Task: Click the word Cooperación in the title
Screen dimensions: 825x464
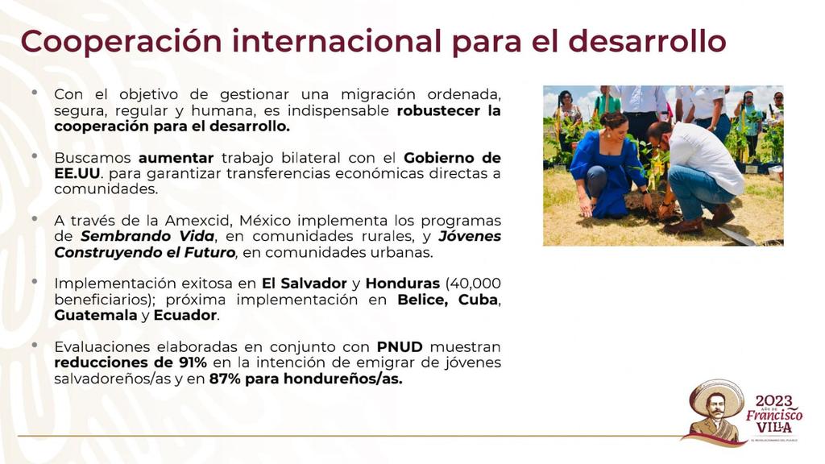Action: coord(122,42)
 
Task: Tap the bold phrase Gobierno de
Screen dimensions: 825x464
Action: coord(452,158)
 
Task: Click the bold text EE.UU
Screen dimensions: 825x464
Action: coord(77,174)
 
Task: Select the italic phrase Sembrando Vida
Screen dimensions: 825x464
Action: coord(147,236)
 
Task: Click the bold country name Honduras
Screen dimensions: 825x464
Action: coord(403,284)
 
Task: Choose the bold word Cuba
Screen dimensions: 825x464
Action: coord(478,300)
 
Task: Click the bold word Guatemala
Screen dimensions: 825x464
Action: coord(96,316)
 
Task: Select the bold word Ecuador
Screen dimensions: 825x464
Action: coord(185,316)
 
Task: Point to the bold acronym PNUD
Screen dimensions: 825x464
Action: coord(400,347)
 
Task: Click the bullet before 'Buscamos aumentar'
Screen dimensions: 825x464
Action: coord(35,155)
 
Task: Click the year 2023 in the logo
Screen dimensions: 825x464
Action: coord(774,401)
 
